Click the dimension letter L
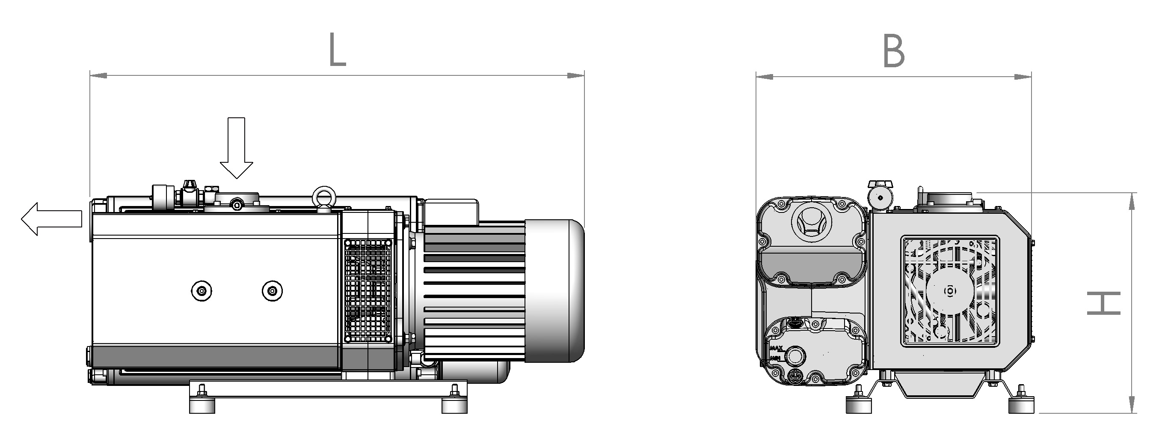[x=337, y=50]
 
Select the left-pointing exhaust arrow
[x=51, y=219]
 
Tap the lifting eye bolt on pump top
[x=324, y=199]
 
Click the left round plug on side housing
[x=201, y=291]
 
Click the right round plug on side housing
[x=272, y=291]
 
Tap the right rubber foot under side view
[x=454, y=404]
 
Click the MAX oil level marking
[x=776, y=348]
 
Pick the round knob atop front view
[x=880, y=197]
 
